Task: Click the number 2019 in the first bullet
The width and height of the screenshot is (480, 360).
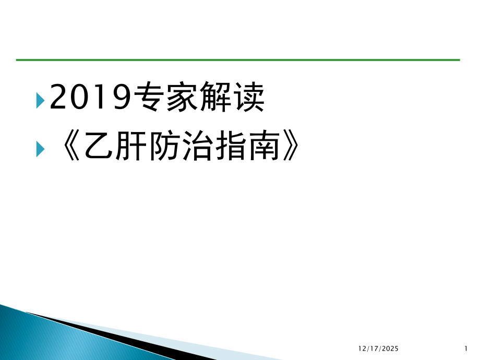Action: point(89,98)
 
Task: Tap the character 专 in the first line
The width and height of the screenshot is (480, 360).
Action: point(148,98)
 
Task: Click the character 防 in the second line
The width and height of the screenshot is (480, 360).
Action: point(162,148)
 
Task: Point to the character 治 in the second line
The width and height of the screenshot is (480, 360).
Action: point(195,148)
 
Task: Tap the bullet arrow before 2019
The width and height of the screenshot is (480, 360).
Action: point(40,99)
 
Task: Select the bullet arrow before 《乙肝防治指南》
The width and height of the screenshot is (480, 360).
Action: point(40,149)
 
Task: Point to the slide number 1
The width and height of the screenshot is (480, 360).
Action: point(465,347)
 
